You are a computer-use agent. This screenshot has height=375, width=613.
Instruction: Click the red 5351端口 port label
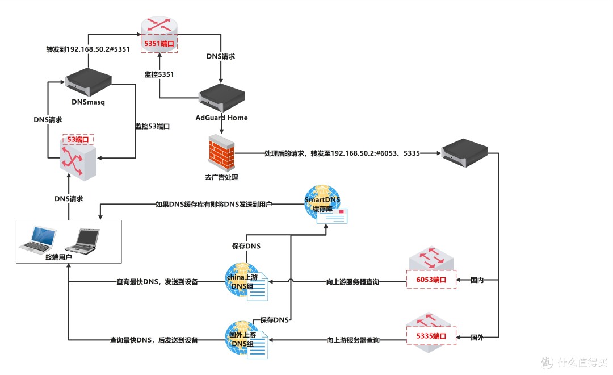click(159, 44)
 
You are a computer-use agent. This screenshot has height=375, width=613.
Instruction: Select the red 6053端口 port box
click(431, 280)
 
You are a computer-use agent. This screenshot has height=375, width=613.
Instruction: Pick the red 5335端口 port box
click(431, 337)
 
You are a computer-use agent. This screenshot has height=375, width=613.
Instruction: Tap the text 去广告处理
click(222, 177)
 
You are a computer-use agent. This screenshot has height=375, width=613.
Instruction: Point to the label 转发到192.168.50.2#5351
click(88, 49)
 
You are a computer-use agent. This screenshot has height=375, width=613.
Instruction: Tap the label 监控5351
click(159, 74)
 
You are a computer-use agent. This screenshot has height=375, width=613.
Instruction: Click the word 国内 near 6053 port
click(477, 280)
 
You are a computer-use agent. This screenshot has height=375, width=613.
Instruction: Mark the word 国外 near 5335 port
click(477, 337)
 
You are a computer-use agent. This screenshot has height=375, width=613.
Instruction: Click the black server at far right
click(465, 152)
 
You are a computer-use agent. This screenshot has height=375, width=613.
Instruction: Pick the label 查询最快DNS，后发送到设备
click(154, 340)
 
